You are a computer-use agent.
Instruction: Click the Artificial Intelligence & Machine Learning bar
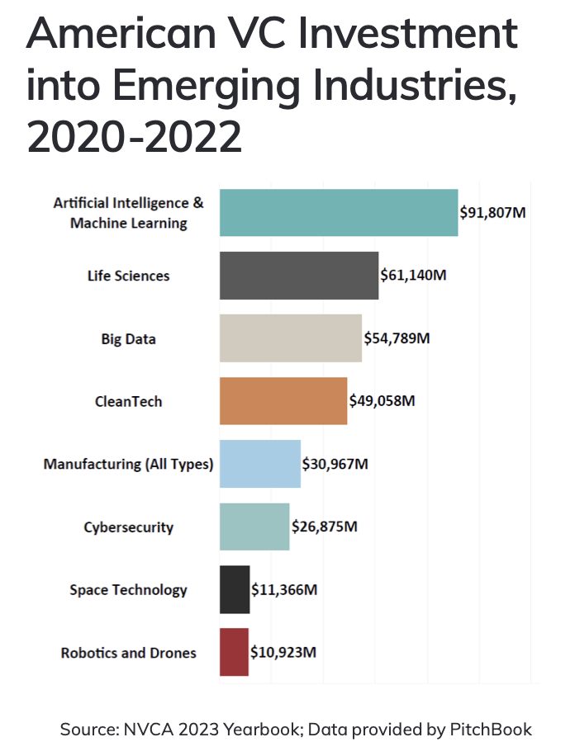point(339,213)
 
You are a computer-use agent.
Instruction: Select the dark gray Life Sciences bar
point(299,276)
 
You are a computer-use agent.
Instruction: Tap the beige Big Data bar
point(291,338)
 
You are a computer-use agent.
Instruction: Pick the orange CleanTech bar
point(283,401)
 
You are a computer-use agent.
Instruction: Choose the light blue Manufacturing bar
point(260,464)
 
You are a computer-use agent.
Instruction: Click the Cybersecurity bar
point(254,527)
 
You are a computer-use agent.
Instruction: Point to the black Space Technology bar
point(235,589)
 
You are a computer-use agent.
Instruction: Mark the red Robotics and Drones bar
point(234,652)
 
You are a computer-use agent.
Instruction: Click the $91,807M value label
point(493,213)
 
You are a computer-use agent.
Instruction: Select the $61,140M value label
point(413,276)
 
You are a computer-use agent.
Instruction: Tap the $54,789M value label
point(397,338)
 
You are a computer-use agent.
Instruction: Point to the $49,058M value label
point(382,401)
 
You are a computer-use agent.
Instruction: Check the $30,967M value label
point(335,464)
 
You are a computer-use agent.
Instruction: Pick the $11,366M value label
point(284,589)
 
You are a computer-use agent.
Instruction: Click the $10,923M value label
point(283,652)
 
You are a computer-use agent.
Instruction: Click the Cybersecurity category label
point(129,527)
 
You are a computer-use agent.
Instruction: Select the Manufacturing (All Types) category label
point(128,464)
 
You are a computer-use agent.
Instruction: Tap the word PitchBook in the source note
point(491,730)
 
